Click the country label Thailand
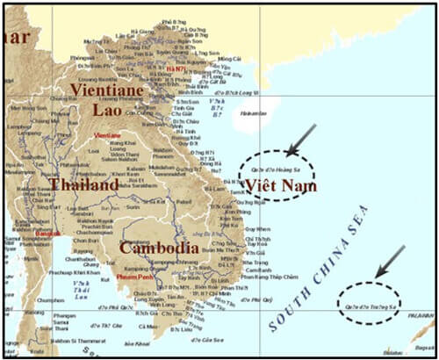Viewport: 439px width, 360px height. [x=83, y=186]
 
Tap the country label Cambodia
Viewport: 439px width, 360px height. [x=158, y=248]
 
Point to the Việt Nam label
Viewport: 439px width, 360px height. [x=279, y=186]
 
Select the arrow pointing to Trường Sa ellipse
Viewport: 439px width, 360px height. [x=389, y=261]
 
